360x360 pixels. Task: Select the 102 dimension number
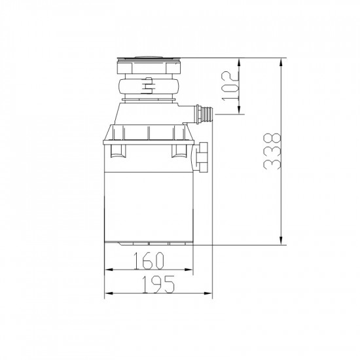[x=230, y=86]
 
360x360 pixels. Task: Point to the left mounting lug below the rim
[x=118, y=152]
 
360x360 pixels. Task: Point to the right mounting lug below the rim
[x=178, y=152]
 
